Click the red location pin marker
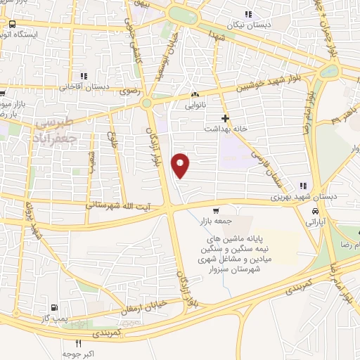click(181, 165)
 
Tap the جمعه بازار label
click(215, 221)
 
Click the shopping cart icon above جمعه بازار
click(216, 210)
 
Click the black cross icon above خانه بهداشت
click(224, 118)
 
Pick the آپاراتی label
click(314, 221)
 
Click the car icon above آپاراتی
click(315, 210)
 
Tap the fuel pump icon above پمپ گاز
click(54, 308)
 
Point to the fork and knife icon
click(78, 345)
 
